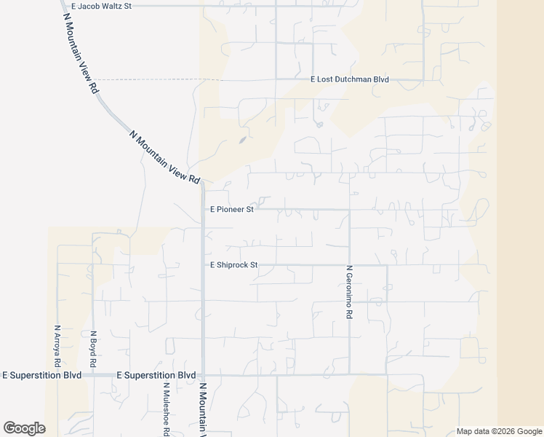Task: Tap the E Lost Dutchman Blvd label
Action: point(350,79)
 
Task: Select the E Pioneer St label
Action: point(231,209)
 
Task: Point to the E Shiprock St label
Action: point(233,265)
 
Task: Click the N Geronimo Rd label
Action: point(350,291)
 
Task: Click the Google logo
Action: point(24,428)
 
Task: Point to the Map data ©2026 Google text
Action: point(499,431)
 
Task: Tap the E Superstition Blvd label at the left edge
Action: point(41,375)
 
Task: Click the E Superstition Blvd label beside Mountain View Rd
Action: point(157,375)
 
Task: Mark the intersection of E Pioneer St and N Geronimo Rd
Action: point(350,210)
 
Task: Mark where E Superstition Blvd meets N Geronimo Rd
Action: point(350,375)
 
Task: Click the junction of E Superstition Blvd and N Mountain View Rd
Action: point(203,375)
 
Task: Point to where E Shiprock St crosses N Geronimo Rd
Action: point(350,265)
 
